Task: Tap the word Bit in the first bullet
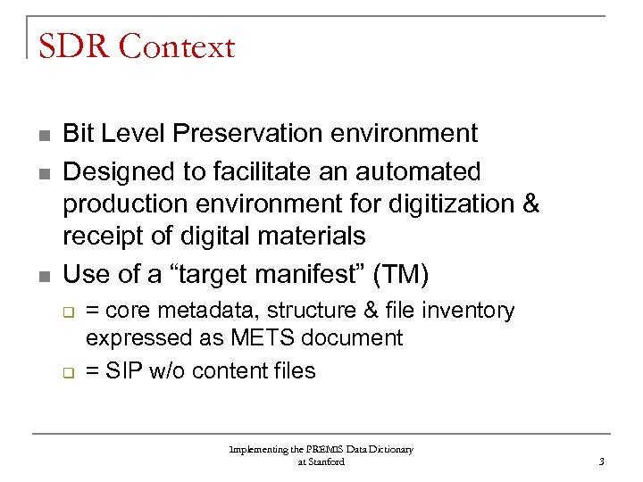(x=79, y=134)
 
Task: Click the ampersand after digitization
(x=530, y=204)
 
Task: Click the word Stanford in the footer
(x=327, y=461)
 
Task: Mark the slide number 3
(x=602, y=461)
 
